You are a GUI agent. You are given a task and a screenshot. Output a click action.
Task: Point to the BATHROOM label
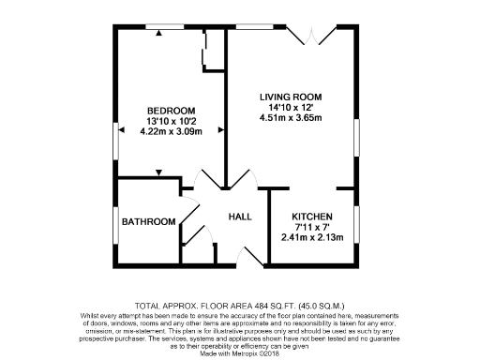point(152,221)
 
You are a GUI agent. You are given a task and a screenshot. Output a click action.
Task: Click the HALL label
point(241,217)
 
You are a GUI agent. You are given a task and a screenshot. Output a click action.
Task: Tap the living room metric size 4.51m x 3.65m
point(291,118)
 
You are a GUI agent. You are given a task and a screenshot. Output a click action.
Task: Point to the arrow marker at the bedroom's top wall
point(159,33)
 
